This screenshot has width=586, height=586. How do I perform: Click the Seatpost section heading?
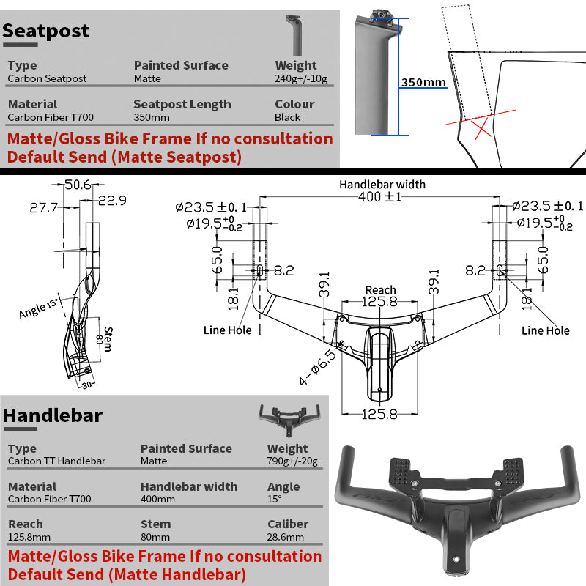click(45, 31)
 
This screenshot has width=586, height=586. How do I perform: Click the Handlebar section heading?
click(53, 415)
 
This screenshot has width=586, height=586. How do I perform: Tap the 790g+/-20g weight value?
click(292, 461)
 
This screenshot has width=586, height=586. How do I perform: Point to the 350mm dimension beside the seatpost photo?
click(423, 82)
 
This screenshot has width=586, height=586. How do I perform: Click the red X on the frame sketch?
click(481, 129)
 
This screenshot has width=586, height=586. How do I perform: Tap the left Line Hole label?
click(227, 330)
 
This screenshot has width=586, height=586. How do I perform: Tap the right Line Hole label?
click(545, 330)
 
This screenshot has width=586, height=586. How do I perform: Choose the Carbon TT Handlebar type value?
click(56, 461)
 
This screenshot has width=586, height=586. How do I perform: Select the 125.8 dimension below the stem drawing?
click(380, 414)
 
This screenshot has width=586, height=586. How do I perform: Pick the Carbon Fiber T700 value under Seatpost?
click(51, 117)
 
